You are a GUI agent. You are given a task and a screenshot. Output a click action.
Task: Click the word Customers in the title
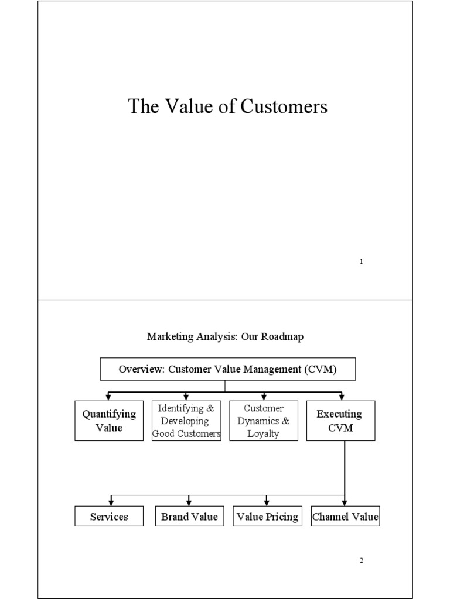[x=284, y=106]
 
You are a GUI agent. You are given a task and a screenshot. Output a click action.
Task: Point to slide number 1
[x=361, y=261]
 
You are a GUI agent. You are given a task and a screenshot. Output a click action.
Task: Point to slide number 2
[x=361, y=560]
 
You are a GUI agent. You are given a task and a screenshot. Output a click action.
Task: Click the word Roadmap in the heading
[x=282, y=336]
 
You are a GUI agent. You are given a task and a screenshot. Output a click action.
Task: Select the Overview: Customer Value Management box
[x=228, y=369]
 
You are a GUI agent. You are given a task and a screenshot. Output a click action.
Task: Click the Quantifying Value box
[x=109, y=421]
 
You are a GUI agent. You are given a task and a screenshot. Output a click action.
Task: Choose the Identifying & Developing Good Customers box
[x=186, y=421]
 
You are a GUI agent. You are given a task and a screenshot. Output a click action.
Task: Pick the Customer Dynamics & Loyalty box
[x=264, y=421]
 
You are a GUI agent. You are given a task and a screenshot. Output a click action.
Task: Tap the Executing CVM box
[x=340, y=421]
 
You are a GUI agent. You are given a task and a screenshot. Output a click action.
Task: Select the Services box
[x=109, y=516]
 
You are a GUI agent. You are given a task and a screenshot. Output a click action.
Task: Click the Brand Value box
[x=189, y=516]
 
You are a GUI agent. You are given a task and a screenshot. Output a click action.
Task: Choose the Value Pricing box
[x=267, y=516]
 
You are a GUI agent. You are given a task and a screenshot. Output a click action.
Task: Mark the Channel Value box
[x=345, y=516]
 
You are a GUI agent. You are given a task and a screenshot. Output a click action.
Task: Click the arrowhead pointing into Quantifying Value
[x=108, y=398]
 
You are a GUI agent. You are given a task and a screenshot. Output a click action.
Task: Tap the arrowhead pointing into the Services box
[x=111, y=503]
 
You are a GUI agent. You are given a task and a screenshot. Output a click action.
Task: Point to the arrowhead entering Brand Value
[x=189, y=503]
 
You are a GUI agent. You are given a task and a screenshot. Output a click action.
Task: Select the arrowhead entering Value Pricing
[x=267, y=503]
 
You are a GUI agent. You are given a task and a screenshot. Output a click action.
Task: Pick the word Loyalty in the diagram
[x=263, y=433]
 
